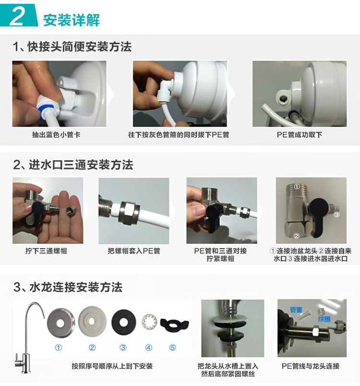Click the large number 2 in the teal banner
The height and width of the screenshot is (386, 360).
[x=17, y=16]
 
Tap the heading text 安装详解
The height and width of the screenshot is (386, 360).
[x=72, y=20]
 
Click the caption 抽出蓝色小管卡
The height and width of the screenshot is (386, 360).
[x=56, y=134]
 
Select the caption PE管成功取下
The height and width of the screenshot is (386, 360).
[x=300, y=134]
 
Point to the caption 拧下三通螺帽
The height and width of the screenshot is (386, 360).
[x=46, y=251]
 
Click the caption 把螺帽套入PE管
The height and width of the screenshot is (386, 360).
[x=134, y=251]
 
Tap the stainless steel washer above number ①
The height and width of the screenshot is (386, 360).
[x=60, y=323]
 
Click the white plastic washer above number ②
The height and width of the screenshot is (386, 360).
[x=92, y=321]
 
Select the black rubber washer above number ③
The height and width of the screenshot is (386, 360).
[x=123, y=322]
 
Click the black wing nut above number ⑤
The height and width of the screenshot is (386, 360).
[x=174, y=324]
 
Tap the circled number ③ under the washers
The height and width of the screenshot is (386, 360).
[x=123, y=348]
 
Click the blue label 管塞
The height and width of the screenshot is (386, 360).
[x=296, y=310]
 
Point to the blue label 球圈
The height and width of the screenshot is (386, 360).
[x=324, y=319]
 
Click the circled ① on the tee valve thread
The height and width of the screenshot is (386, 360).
[x=297, y=187]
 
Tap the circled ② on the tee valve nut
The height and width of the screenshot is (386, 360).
[x=297, y=236]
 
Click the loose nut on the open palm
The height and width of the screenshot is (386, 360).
[x=72, y=211]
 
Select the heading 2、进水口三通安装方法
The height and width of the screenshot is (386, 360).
[x=73, y=165]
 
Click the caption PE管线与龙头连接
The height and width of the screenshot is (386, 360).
[x=311, y=366]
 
